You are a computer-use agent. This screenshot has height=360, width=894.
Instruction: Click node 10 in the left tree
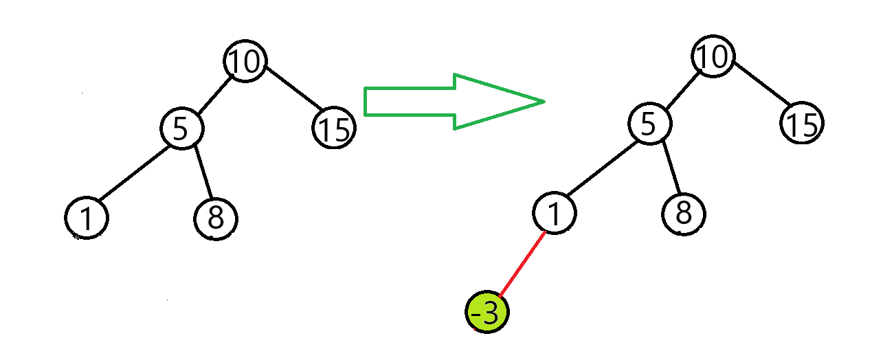click(x=245, y=61)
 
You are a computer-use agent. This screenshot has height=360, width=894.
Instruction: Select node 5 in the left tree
click(x=182, y=128)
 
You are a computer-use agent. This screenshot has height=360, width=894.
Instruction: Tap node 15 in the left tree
click(x=334, y=128)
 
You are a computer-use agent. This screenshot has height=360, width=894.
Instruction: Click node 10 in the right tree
click(x=713, y=56)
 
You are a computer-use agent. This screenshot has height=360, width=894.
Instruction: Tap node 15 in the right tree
click(x=801, y=124)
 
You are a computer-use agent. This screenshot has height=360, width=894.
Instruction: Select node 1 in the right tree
click(x=555, y=214)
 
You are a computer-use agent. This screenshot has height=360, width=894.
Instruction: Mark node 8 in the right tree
click(x=683, y=214)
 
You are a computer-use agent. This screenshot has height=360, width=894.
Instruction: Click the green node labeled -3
click(x=487, y=313)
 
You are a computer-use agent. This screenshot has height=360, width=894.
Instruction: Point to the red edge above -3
click(x=522, y=263)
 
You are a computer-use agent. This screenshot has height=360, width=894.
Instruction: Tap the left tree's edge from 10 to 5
click(x=212, y=95)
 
